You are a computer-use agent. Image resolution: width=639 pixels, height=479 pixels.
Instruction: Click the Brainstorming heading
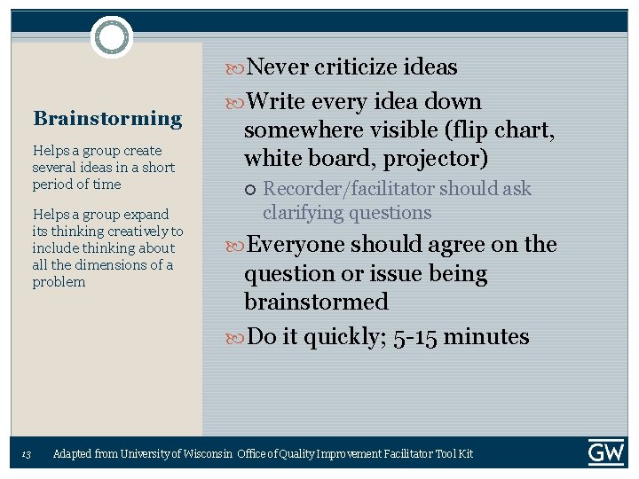107,118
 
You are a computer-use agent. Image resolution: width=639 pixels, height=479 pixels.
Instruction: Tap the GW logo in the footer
605,452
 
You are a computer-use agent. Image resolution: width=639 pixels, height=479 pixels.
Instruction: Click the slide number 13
27,454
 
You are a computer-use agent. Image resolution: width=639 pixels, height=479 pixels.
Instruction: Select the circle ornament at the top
112,37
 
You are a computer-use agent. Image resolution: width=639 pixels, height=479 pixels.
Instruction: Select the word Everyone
296,244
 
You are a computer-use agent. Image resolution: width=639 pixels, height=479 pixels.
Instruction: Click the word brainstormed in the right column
316,302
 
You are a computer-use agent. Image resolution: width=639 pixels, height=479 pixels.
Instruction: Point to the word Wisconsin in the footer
206,454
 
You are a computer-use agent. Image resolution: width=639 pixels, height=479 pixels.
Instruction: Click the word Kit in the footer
465,454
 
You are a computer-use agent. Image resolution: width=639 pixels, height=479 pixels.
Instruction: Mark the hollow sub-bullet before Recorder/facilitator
250,190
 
